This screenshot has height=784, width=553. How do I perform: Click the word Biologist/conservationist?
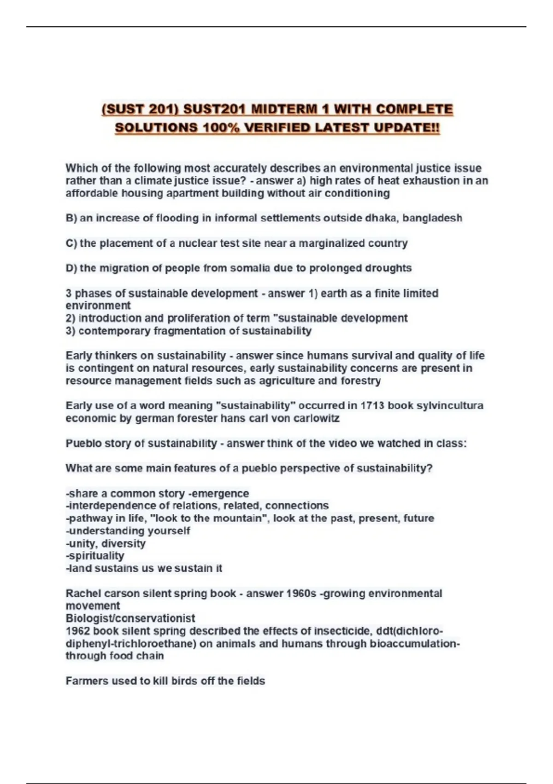tap(130, 618)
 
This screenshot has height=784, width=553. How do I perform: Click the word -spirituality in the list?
tap(95, 556)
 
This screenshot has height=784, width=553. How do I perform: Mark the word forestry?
tap(360, 380)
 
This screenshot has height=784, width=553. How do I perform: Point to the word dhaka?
tap(382, 218)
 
